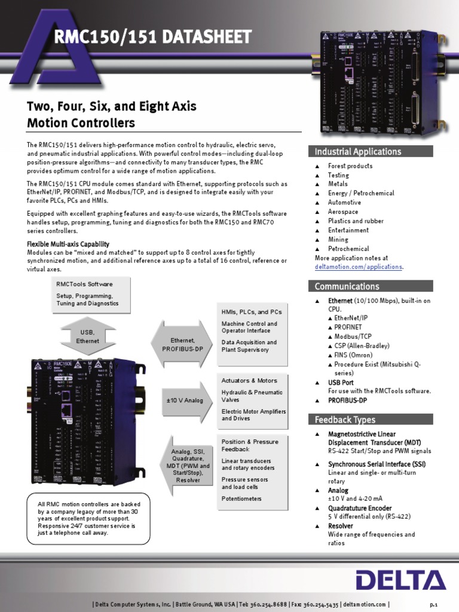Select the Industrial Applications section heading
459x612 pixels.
tap(358, 151)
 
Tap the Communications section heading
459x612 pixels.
tap(347, 286)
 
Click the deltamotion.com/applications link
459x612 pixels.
tap(359, 267)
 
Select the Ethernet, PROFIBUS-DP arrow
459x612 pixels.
tap(182, 344)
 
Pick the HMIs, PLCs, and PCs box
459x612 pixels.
tap(251, 329)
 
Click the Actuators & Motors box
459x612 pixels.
tap(251, 399)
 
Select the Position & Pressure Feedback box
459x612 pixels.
tap(251, 469)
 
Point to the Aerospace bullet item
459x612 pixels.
tap(343, 212)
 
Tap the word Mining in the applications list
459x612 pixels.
tap(339, 239)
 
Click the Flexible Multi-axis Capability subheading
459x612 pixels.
tap(68, 244)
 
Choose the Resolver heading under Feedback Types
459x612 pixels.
tap(341, 526)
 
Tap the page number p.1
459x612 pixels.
tap(434, 604)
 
